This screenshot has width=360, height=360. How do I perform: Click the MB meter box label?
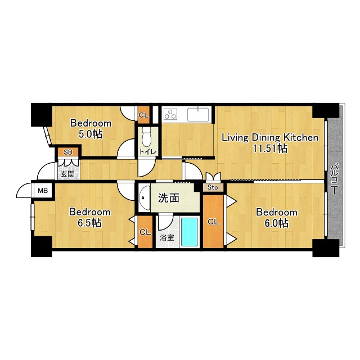(43, 190)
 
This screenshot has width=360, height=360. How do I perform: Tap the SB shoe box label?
(68, 152)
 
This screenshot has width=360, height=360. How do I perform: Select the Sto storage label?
(213, 187)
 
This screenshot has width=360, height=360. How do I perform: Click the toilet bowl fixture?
(146, 138)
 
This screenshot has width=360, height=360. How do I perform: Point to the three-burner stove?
(170, 114)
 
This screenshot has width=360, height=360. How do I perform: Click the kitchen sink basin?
(198, 114)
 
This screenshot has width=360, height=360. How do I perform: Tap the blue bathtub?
(190, 232)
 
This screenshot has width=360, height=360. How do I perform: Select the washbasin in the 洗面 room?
(144, 197)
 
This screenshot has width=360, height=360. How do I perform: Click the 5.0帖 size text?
(91, 134)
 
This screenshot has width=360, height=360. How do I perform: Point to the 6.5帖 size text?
(89, 223)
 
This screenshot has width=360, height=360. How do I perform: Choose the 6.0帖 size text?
(276, 223)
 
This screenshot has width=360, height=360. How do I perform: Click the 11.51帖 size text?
(270, 148)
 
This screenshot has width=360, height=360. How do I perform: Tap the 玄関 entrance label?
(67, 174)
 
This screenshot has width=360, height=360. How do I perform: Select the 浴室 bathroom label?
(167, 237)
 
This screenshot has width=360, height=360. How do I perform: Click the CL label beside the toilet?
(144, 115)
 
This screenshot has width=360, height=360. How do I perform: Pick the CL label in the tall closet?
(213, 222)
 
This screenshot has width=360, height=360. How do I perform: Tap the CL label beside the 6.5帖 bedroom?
(145, 232)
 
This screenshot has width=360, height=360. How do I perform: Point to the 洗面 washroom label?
(169, 198)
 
